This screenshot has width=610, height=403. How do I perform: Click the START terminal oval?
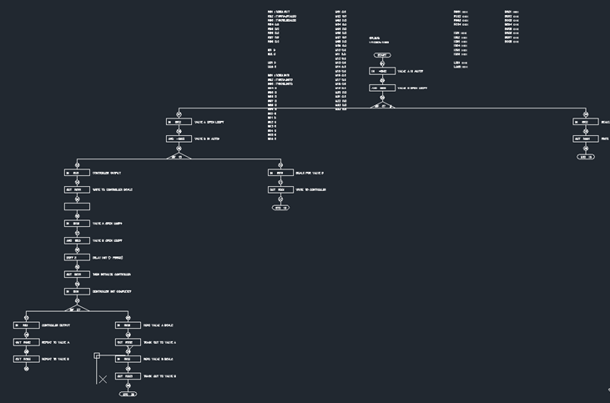(x=382, y=55)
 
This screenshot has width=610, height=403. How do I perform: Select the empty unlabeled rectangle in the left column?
(x=77, y=206)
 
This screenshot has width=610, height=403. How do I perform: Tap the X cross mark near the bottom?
(x=103, y=379)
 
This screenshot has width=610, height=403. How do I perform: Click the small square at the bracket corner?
(x=97, y=356)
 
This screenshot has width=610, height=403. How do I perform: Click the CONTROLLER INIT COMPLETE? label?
(x=112, y=291)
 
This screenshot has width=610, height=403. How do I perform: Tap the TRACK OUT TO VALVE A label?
(x=159, y=342)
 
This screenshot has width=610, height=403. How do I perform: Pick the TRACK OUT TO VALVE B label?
(x=159, y=376)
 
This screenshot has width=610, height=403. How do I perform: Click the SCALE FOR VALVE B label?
(x=310, y=173)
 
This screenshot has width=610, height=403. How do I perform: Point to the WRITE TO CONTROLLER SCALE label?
(x=113, y=189)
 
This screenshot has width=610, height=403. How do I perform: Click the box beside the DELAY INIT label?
(x=77, y=258)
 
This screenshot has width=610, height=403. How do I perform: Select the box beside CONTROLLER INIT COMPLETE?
(x=77, y=291)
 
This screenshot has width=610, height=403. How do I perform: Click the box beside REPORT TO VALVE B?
(x=26, y=359)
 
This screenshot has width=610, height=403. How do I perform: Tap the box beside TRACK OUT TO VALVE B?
(x=128, y=376)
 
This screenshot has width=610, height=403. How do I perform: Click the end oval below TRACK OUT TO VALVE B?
(x=128, y=394)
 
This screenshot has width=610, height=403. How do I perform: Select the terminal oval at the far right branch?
(x=586, y=157)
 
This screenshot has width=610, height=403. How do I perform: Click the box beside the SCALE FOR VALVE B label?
(x=280, y=173)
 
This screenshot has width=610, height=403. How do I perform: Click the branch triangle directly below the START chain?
(x=382, y=106)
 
